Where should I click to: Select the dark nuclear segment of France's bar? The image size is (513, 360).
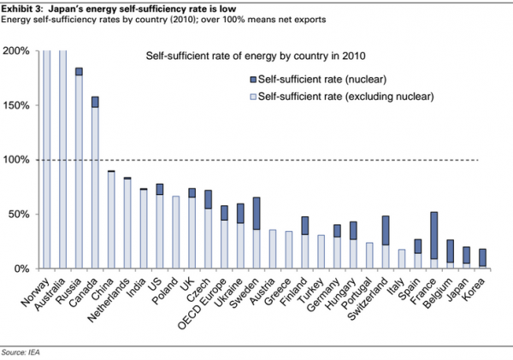tap(434, 235)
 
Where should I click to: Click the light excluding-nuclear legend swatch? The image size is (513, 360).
tap(253, 97)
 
